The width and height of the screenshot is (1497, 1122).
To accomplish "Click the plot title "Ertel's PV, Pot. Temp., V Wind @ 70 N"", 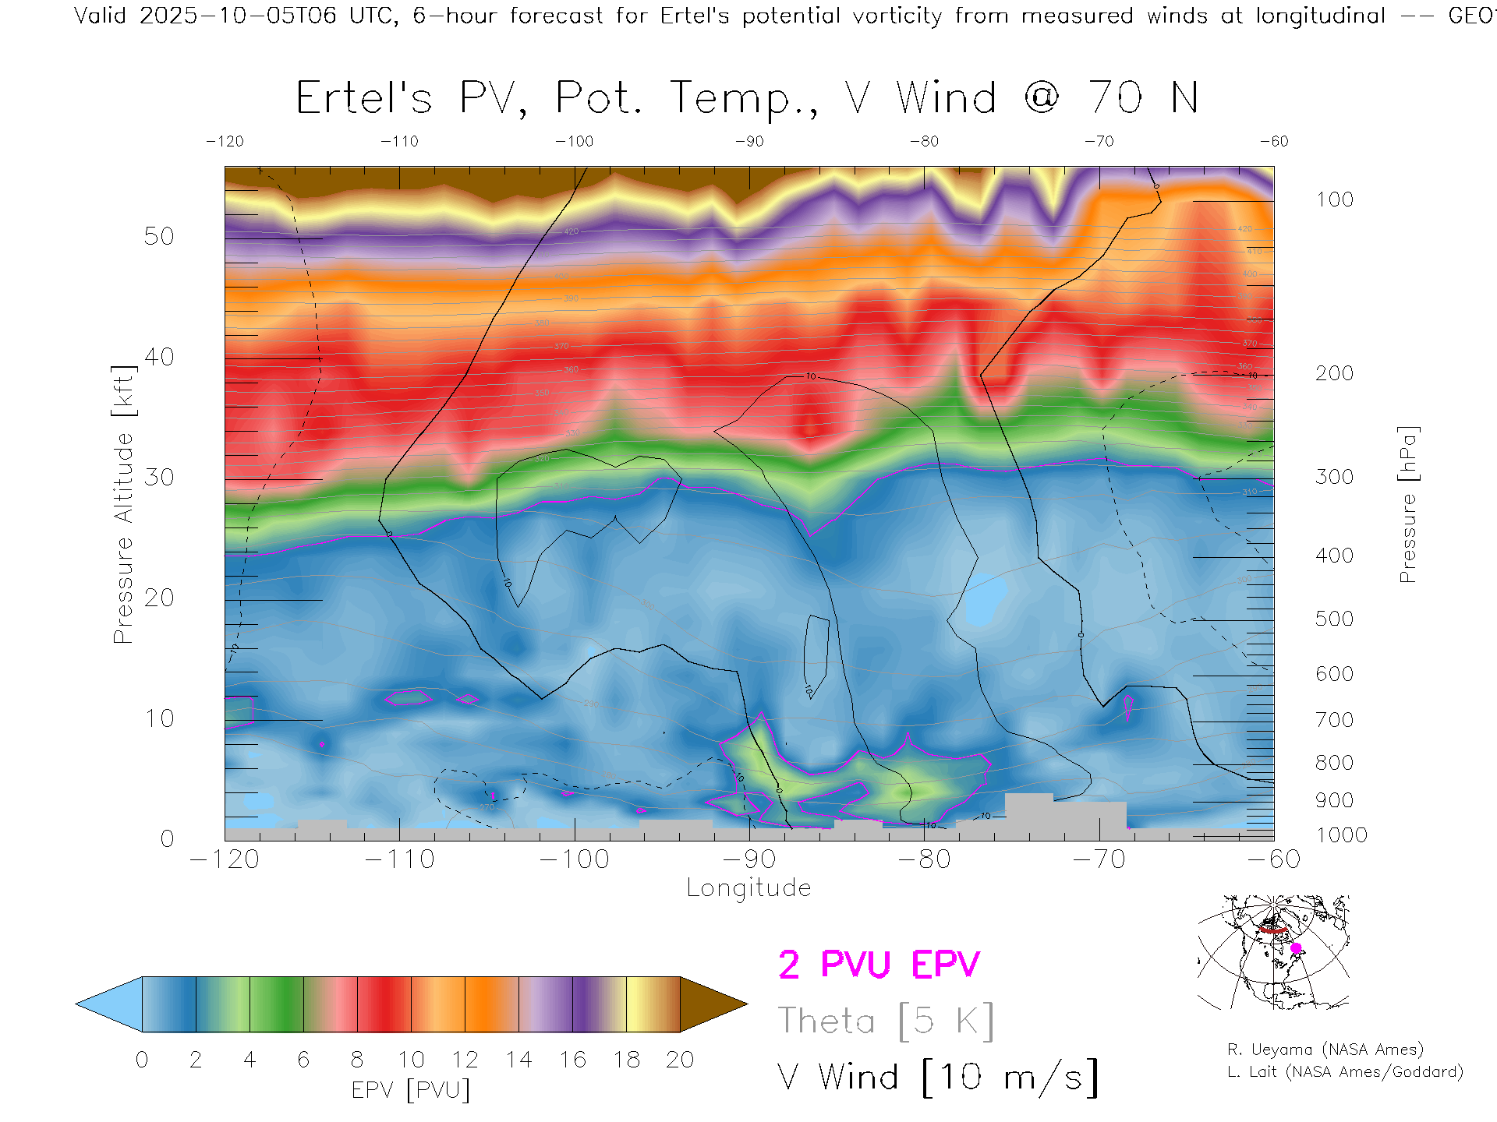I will coord(747,98).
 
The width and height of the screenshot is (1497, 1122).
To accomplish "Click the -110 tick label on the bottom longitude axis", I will coord(399,859).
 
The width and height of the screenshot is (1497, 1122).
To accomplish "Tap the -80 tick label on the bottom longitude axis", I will coord(924,859).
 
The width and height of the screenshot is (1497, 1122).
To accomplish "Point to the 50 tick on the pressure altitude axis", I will coord(158,236).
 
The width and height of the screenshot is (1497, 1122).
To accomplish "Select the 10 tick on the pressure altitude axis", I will coord(158,718).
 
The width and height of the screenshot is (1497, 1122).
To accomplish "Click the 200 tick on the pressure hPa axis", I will coord(1334,373).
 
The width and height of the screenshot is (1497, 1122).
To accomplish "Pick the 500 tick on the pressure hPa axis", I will coord(1334,619).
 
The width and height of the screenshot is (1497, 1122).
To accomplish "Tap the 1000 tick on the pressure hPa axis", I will coord(1341,835).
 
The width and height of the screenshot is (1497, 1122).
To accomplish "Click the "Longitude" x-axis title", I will coord(748,888).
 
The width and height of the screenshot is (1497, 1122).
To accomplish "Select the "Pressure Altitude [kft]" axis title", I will coord(123,504).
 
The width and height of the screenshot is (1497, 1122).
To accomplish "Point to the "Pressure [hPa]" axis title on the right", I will coord(1408,504).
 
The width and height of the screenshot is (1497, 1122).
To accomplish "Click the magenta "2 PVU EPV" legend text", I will coord(879,965).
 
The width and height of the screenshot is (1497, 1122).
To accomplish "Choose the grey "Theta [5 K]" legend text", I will coord(886,1021).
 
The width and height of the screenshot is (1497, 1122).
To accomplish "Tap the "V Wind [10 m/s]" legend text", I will coord(937,1078).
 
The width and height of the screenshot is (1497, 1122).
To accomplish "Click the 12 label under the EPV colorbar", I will coord(465,1060).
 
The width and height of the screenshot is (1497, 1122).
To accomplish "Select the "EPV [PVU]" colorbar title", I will coord(410,1090).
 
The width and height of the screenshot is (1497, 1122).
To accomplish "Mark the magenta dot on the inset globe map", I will coord(1296,948).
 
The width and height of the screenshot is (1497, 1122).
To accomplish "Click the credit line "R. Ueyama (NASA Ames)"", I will coord(1325,1050).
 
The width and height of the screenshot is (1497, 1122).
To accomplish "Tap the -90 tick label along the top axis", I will coord(749,141).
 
